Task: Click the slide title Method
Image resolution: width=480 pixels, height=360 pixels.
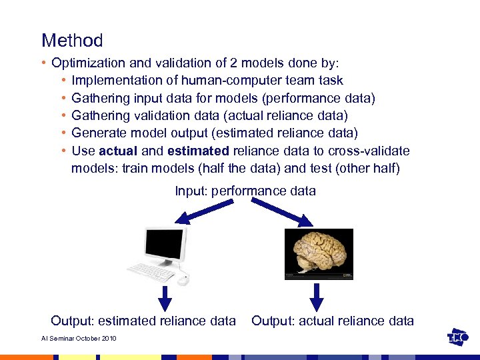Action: click(72, 41)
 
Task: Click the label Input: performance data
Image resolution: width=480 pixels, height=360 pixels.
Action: click(245, 191)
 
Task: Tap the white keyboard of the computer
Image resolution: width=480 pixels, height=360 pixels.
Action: click(151, 270)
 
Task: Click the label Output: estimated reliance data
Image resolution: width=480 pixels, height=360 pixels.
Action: click(143, 321)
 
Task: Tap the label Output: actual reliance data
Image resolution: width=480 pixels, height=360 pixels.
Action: click(332, 321)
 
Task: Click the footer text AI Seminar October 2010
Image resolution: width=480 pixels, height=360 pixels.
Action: click(79, 339)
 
